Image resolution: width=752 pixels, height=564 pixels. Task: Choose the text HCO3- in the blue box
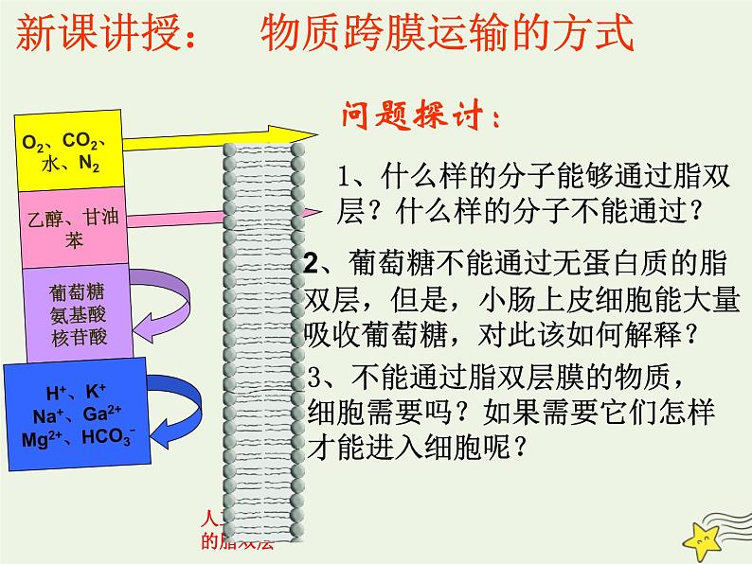(x=109, y=438)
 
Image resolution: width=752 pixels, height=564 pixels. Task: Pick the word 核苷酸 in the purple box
(x=73, y=336)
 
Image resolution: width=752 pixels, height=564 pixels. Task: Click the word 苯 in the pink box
(x=73, y=240)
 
